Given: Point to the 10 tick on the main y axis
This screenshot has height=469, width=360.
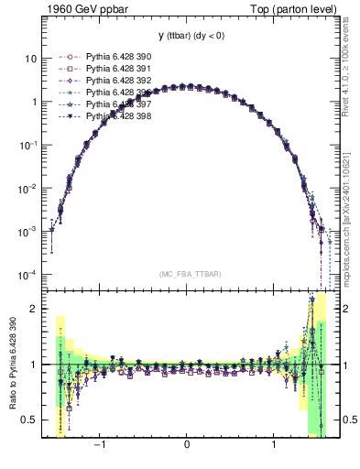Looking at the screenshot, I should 30,58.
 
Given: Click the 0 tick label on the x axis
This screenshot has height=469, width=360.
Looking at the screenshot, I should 187,446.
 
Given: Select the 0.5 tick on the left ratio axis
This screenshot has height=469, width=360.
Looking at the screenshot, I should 27,420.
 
